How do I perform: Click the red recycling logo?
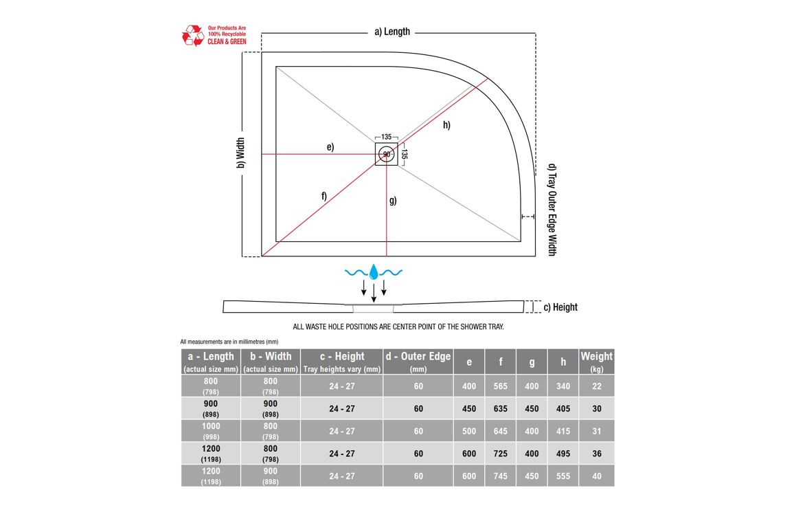pos(192,35)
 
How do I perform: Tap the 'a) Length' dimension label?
pos(392,32)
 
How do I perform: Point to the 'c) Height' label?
pos(560,307)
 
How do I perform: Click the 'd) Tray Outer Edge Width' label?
pos(552,210)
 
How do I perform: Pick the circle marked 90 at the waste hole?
pos(387,154)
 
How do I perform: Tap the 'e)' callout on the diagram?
pos(330,147)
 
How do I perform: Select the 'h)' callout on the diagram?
pos(446,125)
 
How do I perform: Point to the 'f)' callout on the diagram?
pos(324,196)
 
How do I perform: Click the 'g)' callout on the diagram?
pos(393,201)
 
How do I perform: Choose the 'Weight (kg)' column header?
pos(596,362)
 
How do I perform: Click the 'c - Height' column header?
pos(342,362)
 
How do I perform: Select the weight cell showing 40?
pos(596,476)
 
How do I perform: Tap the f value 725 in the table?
pos(500,454)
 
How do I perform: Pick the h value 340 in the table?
pos(563,386)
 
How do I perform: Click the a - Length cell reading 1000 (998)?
pos(211,431)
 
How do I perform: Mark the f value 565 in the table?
pos(500,386)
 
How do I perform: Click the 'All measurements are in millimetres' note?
pos(229,342)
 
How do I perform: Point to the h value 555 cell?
pos(563,476)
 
